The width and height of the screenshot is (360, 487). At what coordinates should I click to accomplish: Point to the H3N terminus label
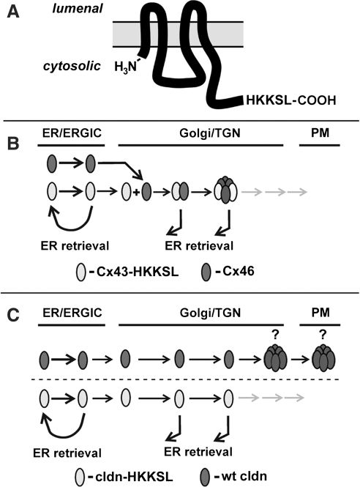129,67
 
